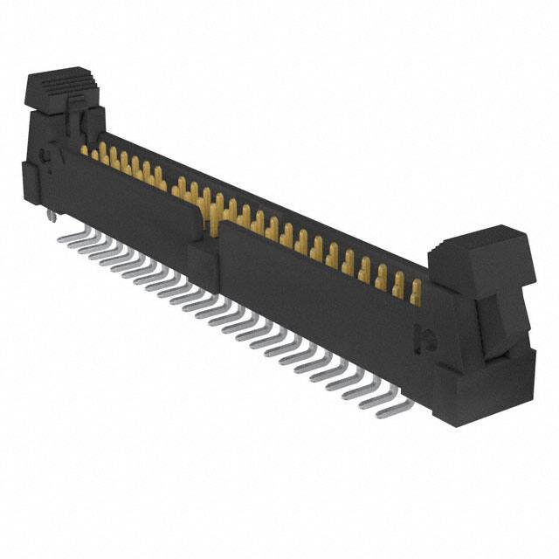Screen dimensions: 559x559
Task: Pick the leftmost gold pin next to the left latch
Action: pyautogui.click(x=86, y=151)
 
